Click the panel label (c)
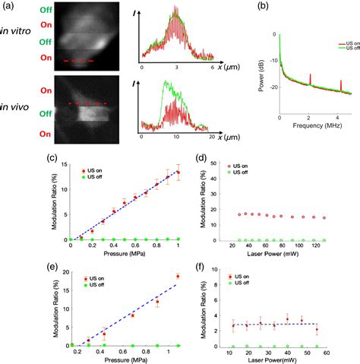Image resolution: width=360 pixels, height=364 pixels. [x=52, y=158]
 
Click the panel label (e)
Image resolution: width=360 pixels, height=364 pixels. [x=52, y=266]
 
